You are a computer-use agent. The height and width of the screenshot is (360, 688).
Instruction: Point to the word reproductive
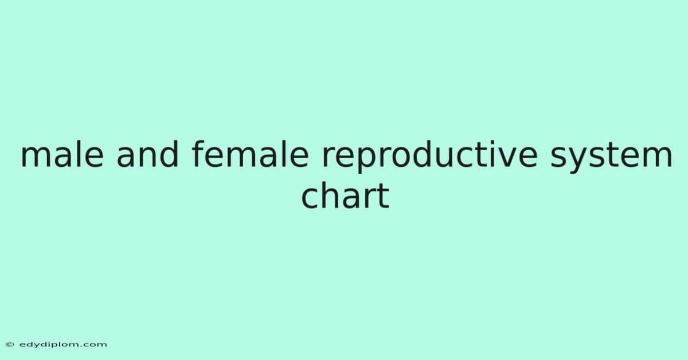pos(429,156)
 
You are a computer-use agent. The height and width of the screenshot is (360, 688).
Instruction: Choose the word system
pos(611,156)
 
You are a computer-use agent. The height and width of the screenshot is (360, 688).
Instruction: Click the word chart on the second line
pos(345,195)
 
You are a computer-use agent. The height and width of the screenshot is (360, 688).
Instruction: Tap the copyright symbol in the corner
pos(10,345)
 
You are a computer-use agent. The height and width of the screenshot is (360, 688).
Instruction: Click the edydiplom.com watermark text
pos(63,345)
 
